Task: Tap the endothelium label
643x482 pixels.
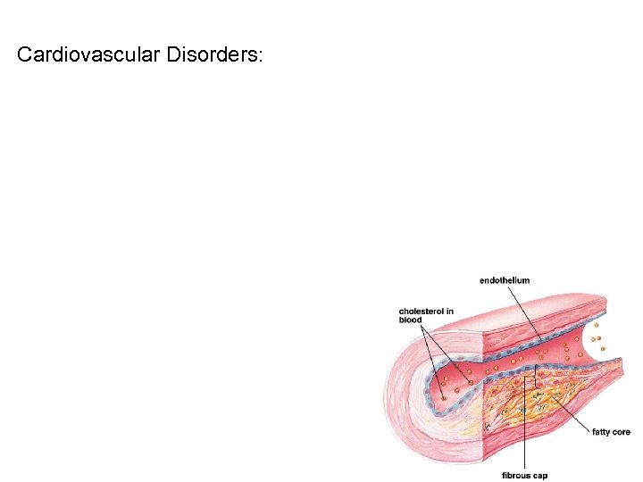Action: click(505, 280)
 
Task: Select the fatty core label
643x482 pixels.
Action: click(612, 432)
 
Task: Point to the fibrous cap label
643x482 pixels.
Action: click(525, 476)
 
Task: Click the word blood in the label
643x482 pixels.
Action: click(411, 320)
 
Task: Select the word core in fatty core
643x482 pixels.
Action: click(621, 432)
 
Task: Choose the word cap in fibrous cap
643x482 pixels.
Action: click(540, 476)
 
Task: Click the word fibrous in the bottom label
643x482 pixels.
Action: click(516, 476)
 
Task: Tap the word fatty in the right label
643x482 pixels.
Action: click(601, 432)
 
